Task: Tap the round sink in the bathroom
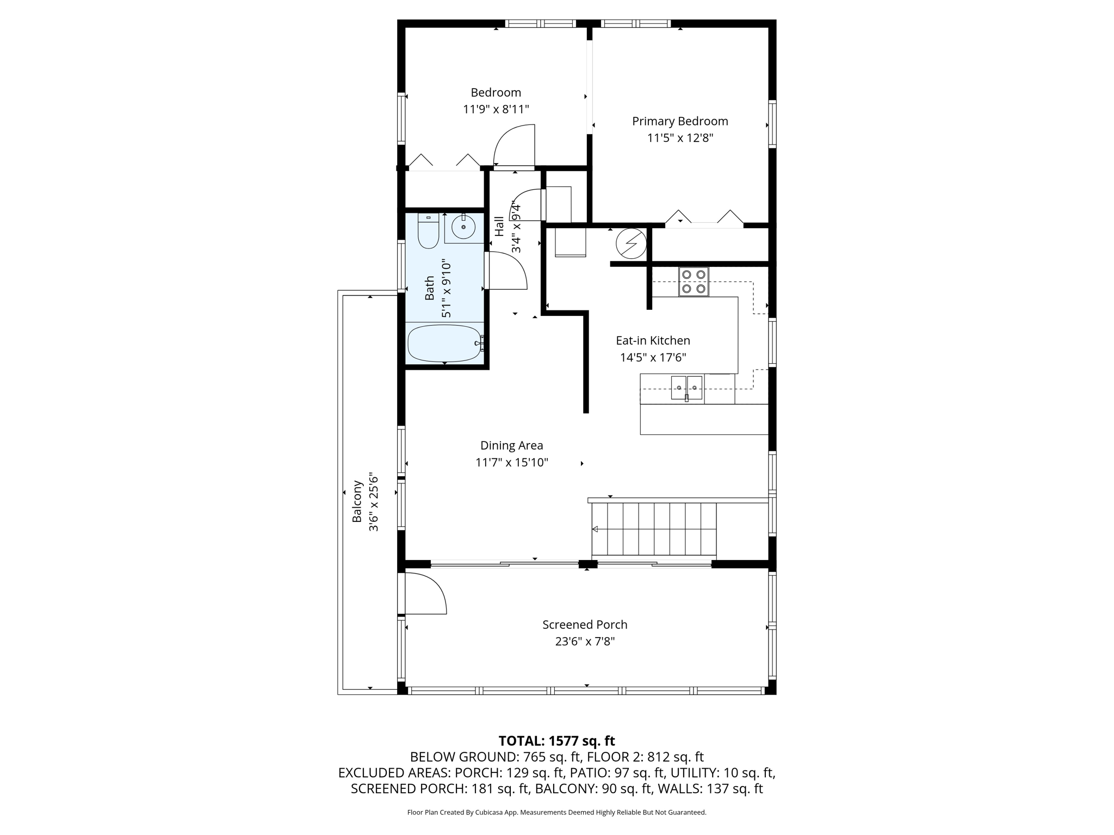pyautogui.click(x=463, y=227)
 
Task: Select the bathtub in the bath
pyautogui.click(x=445, y=344)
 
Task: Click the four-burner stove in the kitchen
pyautogui.click(x=694, y=282)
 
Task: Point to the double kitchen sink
pyautogui.click(x=686, y=388)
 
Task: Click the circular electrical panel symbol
pyautogui.click(x=631, y=243)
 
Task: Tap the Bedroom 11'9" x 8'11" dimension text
pyautogui.click(x=496, y=109)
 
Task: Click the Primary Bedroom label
pyautogui.click(x=680, y=121)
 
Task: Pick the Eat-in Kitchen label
pyautogui.click(x=653, y=340)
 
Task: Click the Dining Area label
pyautogui.click(x=511, y=445)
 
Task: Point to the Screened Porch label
pyautogui.click(x=585, y=625)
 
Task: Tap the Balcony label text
pyautogui.click(x=357, y=501)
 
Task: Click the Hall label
pyautogui.click(x=499, y=226)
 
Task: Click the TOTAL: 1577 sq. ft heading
pyautogui.click(x=556, y=741)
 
